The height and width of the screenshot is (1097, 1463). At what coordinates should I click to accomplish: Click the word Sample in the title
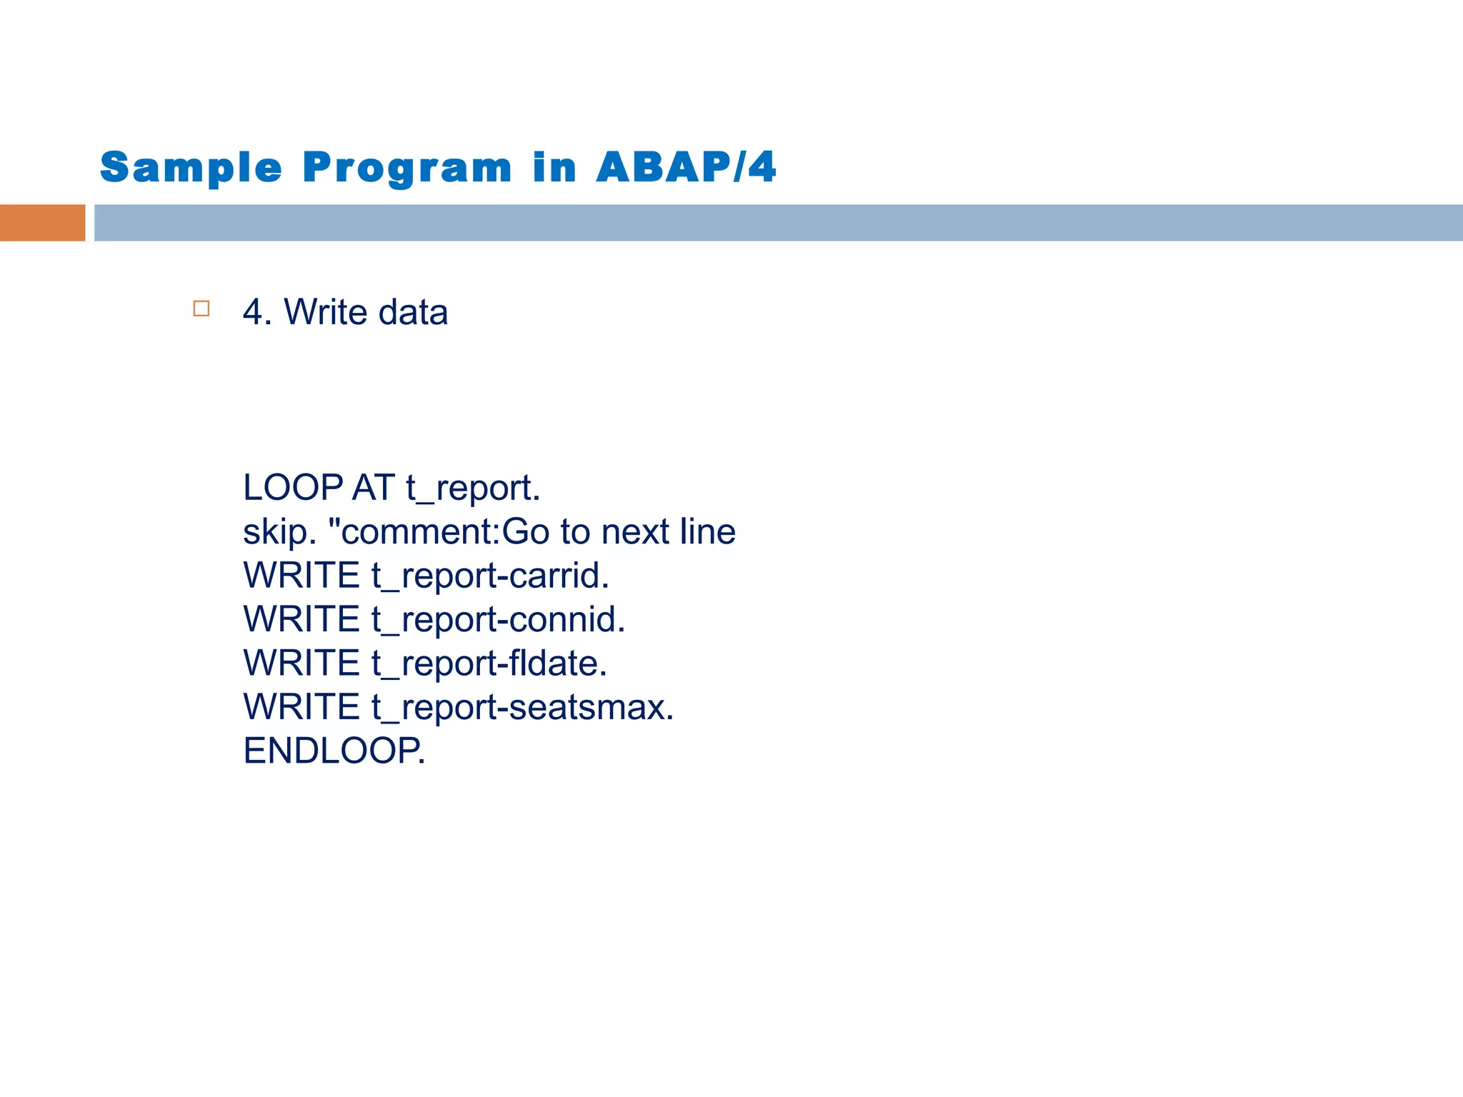click(x=191, y=168)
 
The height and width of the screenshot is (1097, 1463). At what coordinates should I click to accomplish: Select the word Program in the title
click(x=407, y=168)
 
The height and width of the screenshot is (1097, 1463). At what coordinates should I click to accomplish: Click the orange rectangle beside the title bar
click(x=42, y=223)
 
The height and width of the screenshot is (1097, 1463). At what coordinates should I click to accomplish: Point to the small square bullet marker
click(x=201, y=309)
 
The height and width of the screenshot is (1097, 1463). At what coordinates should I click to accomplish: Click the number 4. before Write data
click(x=257, y=312)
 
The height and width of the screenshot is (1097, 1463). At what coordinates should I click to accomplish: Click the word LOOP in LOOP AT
click(x=293, y=488)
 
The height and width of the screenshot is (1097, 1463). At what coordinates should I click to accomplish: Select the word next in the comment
click(x=634, y=532)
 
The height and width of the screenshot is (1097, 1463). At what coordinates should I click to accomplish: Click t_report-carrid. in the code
click(x=490, y=576)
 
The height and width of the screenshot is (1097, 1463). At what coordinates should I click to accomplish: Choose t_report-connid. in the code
click(x=498, y=620)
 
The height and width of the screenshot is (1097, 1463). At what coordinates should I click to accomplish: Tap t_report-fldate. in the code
click(x=489, y=663)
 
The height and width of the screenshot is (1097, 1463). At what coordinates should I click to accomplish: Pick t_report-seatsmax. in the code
click(x=522, y=708)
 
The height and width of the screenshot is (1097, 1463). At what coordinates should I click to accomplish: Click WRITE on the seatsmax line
click(x=301, y=707)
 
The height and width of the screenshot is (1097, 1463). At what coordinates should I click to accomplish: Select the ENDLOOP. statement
click(x=334, y=751)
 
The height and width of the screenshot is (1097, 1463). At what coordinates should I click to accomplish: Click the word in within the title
click(x=554, y=168)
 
